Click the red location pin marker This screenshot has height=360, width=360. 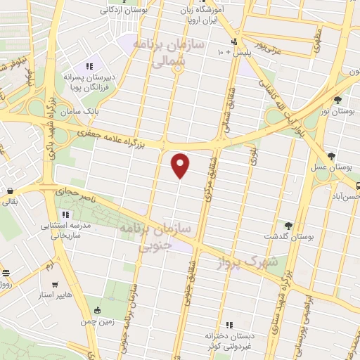[x=181, y=165]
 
